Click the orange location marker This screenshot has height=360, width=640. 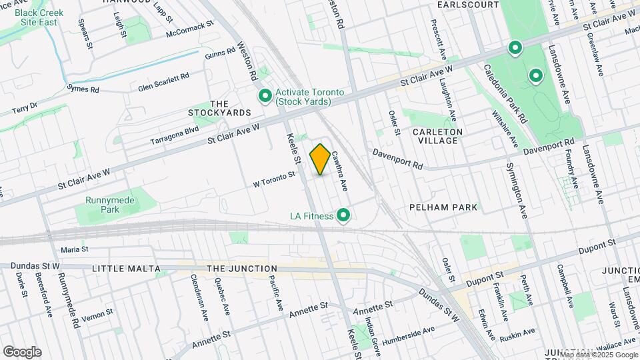[x=321, y=159]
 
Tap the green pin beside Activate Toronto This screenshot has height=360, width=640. [x=265, y=97]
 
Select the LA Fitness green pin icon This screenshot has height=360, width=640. [x=344, y=215]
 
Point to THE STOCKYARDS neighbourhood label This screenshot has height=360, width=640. [x=219, y=108]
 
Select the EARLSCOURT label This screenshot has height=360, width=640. [x=468, y=5]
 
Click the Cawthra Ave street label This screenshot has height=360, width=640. [x=339, y=169]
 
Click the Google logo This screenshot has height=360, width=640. [x=22, y=351]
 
